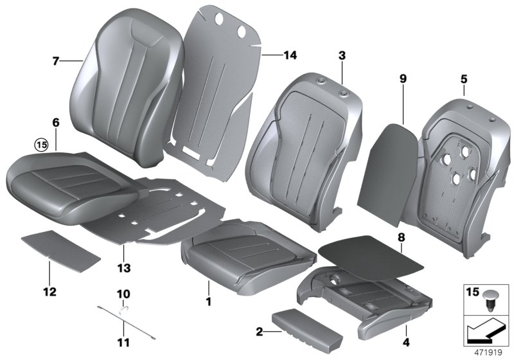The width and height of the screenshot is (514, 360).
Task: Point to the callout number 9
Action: click(x=403, y=79)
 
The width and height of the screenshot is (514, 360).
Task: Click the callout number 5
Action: click(x=463, y=79)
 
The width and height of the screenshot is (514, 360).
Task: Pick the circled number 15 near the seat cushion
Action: click(x=42, y=145)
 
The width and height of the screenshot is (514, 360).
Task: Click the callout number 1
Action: click(x=208, y=300)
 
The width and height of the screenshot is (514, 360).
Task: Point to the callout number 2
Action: click(x=258, y=332)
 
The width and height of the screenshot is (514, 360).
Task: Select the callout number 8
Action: click(x=401, y=237)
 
